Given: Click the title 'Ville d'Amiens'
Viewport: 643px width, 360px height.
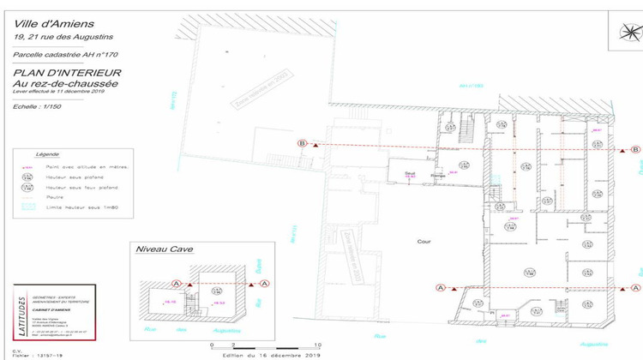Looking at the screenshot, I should tap(47, 23).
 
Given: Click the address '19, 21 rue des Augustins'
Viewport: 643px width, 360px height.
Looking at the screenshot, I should tap(63, 37).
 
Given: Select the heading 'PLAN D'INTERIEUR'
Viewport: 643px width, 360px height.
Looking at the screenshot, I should tap(67, 74).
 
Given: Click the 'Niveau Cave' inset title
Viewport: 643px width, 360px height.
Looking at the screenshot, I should tap(165, 249).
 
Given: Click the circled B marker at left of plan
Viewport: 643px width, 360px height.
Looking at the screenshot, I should tap(301, 144).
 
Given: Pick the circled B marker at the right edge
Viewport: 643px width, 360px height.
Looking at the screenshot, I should tap(635, 150).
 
